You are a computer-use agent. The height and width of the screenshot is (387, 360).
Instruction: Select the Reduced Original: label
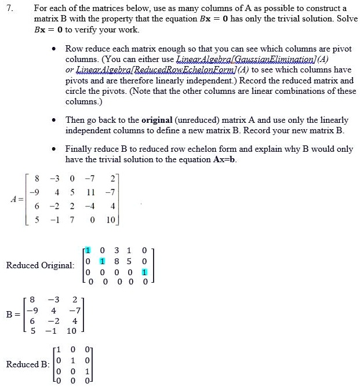tap(40, 265)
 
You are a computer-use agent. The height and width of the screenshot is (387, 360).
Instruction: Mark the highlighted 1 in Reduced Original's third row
tap(144, 271)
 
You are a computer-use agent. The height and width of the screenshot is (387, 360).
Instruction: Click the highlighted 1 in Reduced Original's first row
tap(88, 250)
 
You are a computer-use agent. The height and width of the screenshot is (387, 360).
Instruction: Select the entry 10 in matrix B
tap(71, 331)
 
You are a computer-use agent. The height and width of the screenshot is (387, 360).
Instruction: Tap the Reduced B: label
tap(28, 364)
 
